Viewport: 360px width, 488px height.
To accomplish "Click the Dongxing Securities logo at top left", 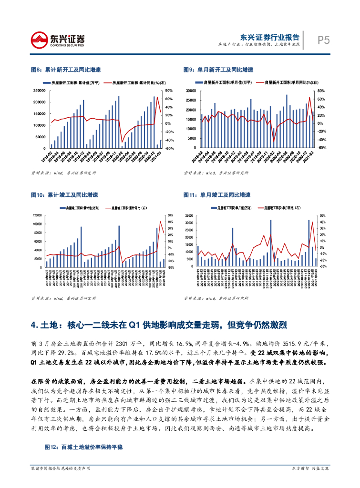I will pos(58,39).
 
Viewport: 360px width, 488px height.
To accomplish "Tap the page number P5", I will pos(324,41).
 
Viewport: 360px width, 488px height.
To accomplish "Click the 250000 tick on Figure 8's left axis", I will pos(40,91).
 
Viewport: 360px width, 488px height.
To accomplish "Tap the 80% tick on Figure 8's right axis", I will pos(169,91).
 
